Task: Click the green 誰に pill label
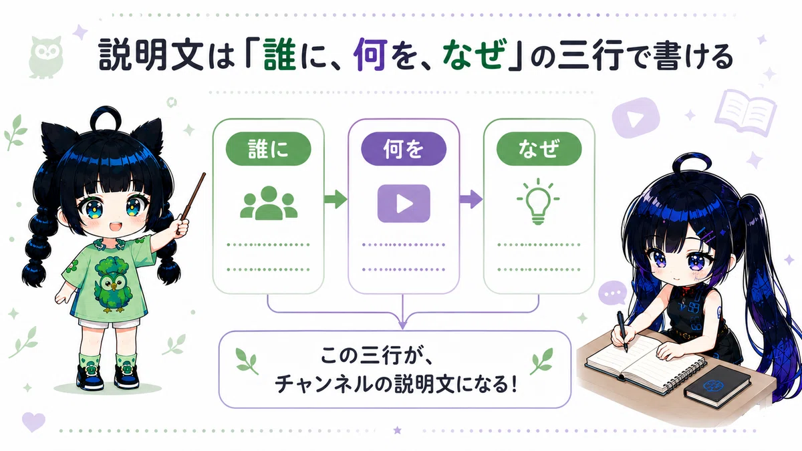point(268,148)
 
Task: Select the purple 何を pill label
point(404,148)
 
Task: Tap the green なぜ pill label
point(539,148)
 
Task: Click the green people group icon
point(269,202)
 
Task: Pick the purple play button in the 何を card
point(404,203)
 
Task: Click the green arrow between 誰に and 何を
point(336,199)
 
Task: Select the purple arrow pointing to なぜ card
point(471,199)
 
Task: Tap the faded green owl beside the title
point(46,57)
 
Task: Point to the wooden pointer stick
point(192,202)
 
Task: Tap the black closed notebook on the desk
point(717,387)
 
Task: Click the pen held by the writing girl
point(623,332)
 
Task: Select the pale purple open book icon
point(745,113)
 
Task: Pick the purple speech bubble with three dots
point(613,293)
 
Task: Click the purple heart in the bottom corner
point(33,422)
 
